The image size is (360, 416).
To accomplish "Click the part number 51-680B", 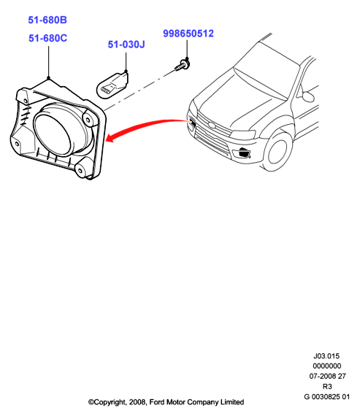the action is click(x=47, y=20).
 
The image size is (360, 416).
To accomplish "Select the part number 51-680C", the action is click(x=47, y=38).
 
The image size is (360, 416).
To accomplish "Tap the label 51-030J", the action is click(x=126, y=45).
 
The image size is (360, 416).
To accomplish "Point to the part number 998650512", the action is click(x=188, y=34).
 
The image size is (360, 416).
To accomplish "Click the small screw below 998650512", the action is click(x=183, y=65).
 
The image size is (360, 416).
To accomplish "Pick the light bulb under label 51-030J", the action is click(x=112, y=85).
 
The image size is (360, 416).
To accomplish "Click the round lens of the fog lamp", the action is click(x=53, y=134).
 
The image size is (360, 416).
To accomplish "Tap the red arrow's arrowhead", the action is click(x=110, y=138).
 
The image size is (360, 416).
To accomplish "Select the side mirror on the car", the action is click(x=308, y=96).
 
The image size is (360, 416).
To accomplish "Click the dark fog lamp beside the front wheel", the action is click(x=244, y=153).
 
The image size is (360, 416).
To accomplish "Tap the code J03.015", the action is click(x=326, y=355).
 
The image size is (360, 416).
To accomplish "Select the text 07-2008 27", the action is click(x=327, y=376).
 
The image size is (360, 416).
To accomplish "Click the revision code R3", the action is click(x=327, y=386).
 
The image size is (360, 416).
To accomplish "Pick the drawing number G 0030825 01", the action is click(x=327, y=397).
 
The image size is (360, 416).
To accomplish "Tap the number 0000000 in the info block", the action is click(x=327, y=366).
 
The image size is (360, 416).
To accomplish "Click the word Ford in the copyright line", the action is click(x=157, y=402).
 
